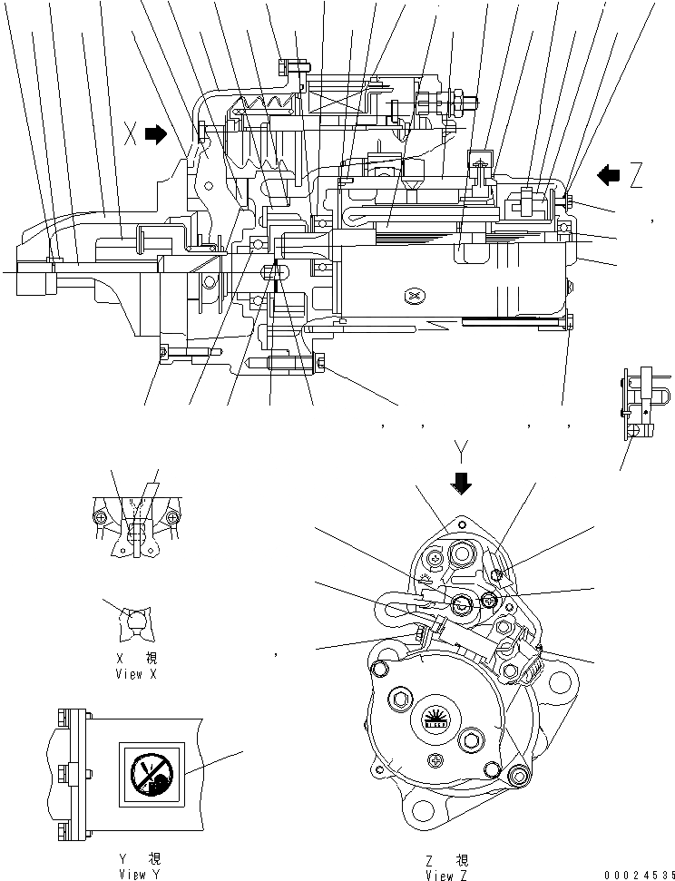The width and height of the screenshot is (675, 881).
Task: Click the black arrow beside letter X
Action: point(157,135)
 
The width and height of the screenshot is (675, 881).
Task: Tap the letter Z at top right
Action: point(636,175)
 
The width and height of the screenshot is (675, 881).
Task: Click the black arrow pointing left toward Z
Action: point(607,173)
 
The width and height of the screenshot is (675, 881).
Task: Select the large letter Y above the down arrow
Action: point(462,451)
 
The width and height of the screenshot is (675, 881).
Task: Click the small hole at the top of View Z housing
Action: point(462,524)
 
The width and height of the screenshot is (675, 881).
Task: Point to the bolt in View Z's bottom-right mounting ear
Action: point(520,774)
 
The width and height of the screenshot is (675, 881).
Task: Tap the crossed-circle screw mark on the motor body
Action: point(415,296)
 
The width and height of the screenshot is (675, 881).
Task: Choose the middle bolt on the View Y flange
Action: point(62,773)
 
